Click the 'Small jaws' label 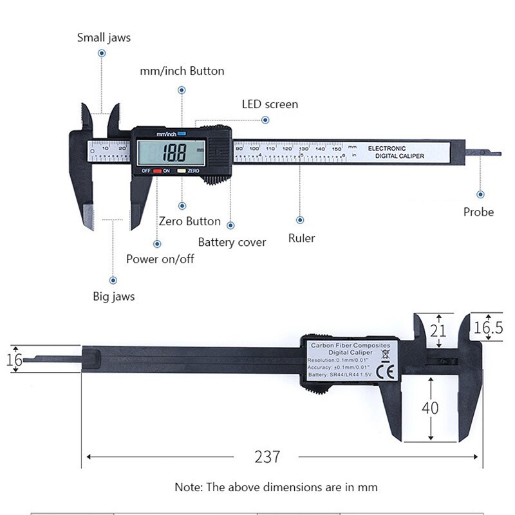[104, 37]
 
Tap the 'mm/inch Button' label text [182, 71]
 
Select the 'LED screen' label [270, 104]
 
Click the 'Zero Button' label [189, 221]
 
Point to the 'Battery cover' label [232, 242]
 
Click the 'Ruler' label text [301, 238]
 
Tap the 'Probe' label [478, 212]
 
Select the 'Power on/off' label [160, 259]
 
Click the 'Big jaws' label [114, 297]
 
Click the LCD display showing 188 [172, 153]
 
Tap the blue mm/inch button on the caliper [182, 134]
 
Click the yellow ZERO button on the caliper [182, 171]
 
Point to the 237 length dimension [267, 457]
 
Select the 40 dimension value [430, 407]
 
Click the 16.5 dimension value [488, 327]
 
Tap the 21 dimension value [438, 330]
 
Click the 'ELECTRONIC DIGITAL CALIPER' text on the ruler [395, 152]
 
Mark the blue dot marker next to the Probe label [480, 194]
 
